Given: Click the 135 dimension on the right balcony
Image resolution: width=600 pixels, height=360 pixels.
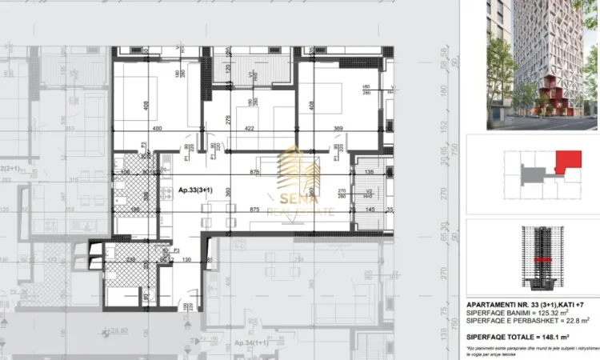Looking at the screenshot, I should (369, 171).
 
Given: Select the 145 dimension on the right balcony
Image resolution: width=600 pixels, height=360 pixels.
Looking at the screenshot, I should (369, 209).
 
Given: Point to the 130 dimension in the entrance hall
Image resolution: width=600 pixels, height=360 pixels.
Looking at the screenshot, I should (186, 260).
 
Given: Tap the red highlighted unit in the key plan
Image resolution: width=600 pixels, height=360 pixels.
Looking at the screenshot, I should (569, 162).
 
